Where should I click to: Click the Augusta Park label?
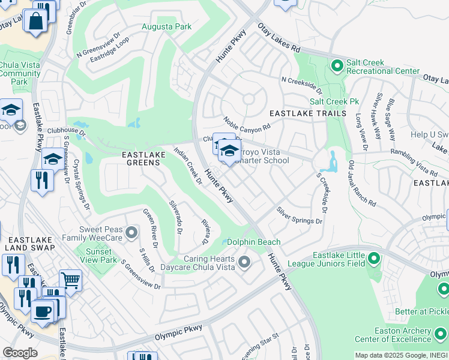coord(166,26)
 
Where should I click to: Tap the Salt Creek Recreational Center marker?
coord(337,64)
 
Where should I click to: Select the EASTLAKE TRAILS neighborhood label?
coord(307,113)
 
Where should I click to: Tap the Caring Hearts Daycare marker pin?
coord(244,262)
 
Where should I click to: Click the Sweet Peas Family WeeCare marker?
coord(132,232)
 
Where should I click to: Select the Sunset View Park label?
coord(100,256)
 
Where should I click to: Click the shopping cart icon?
coord(70,280)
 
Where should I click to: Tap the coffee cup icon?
coord(42,311)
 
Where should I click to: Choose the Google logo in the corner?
coord(20,353)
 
